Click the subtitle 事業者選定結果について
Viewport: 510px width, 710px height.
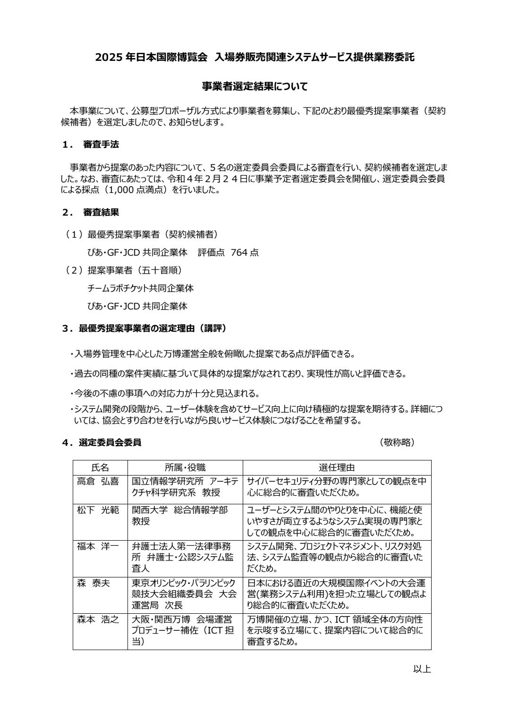[x=255, y=86]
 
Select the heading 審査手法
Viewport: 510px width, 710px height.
[x=101, y=145]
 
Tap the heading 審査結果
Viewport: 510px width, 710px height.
[x=101, y=213]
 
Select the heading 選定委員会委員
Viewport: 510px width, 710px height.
[x=110, y=443]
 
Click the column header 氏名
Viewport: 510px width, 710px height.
[x=100, y=468]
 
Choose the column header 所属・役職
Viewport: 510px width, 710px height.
[x=185, y=468]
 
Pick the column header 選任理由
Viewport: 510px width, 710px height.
[x=337, y=468]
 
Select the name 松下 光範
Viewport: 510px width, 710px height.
[x=98, y=510]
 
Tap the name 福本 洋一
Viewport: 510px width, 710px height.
[x=98, y=546]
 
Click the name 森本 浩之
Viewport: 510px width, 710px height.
[x=98, y=619]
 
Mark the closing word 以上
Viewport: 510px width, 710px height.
[x=422, y=668]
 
